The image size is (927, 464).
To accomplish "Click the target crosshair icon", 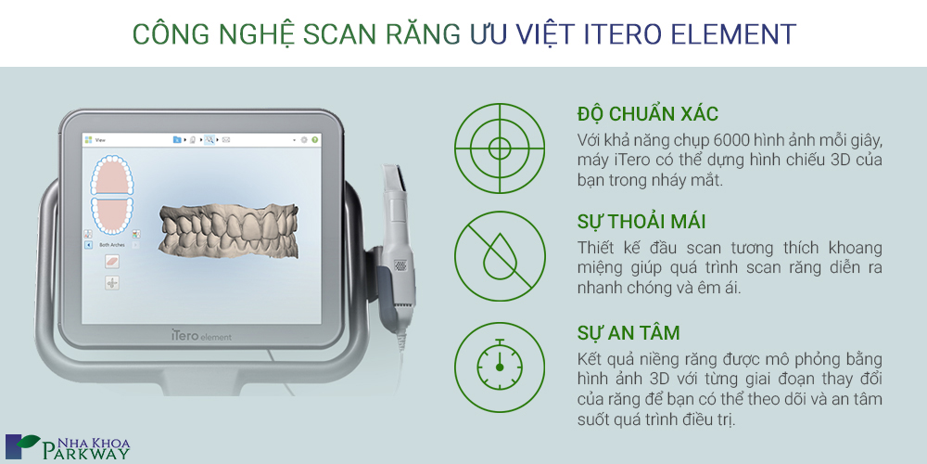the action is [500, 148].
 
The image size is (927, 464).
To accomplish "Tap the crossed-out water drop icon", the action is [500, 257].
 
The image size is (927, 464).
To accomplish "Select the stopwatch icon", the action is [500, 367].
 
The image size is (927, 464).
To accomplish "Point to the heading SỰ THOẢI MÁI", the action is [641, 222].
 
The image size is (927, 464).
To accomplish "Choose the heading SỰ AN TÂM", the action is [629, 332].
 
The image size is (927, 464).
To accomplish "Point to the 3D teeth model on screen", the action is [230, 230].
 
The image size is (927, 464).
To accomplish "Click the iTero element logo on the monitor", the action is [201, 336].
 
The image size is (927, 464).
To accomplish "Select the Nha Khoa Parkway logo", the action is [68, 447].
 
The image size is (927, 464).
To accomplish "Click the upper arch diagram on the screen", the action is [112, 175].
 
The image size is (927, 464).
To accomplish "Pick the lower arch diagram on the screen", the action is [112, 215].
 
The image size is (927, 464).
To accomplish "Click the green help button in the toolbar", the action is [314, 140].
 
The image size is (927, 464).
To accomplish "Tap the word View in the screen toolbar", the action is [100, 140].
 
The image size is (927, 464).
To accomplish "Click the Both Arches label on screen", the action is [112, 244].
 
